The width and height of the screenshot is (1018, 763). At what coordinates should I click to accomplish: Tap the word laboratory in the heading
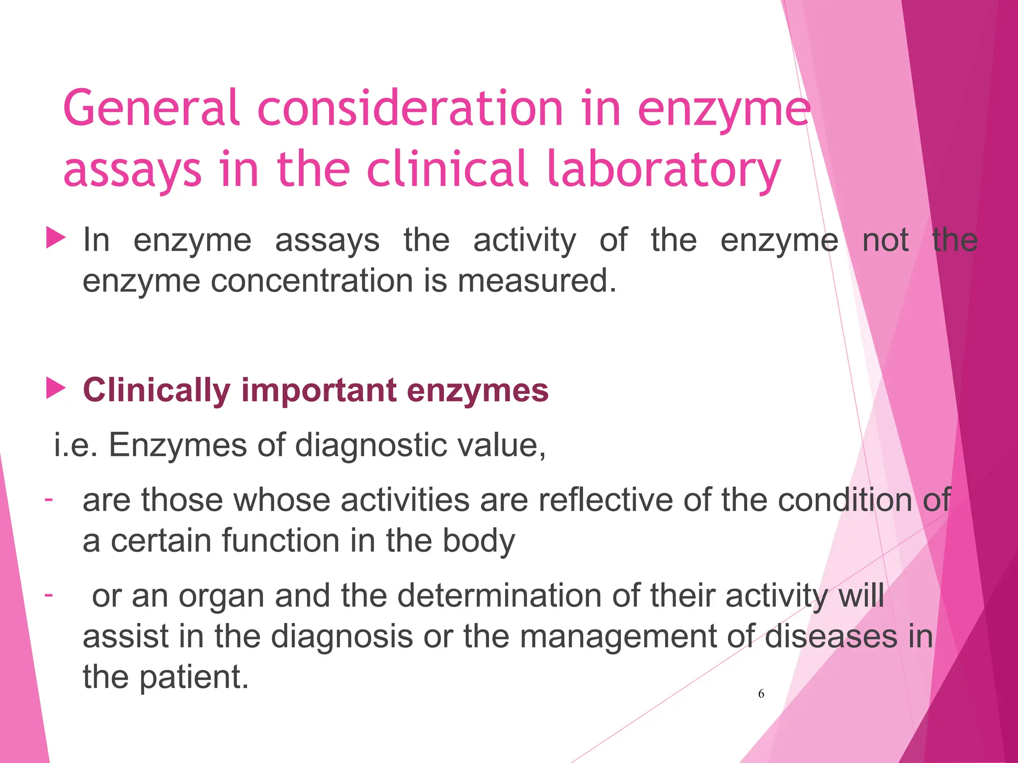pos(663,169)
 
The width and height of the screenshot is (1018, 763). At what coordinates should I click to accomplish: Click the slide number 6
pos(761,694)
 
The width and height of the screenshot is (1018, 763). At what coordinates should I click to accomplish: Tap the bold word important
pos(319,390)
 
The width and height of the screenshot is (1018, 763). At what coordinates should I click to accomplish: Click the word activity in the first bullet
pos(524,241)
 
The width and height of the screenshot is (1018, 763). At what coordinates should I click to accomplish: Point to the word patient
pos(193,678)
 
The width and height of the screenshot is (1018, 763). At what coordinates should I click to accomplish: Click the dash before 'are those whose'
pos(49,498)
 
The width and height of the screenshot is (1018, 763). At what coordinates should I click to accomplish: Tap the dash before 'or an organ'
pos(49,594)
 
